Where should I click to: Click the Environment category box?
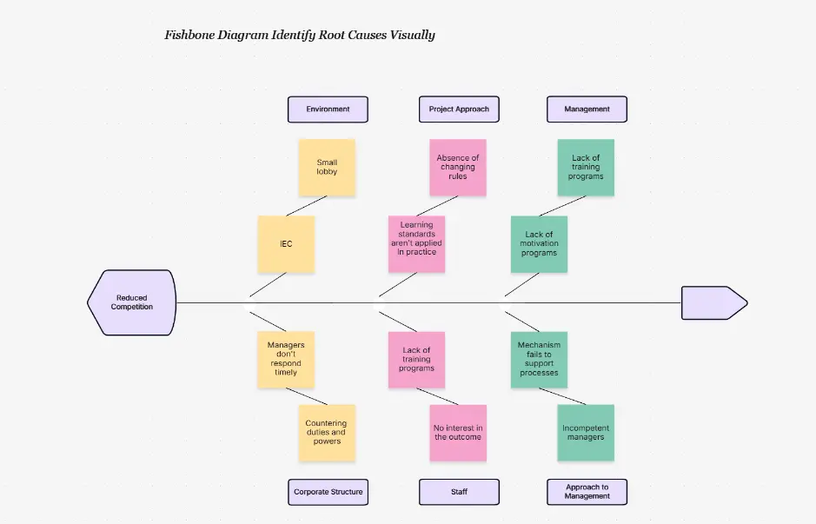(328, 109)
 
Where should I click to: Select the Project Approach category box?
(459, 109)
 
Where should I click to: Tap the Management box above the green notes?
(587, 109)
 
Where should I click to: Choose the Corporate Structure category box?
(328, 492)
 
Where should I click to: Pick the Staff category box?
(459, 492)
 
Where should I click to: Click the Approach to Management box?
(587, 492)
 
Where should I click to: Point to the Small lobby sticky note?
(327, 167)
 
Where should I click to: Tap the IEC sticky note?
(286, 244)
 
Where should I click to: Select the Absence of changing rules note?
(458, 167)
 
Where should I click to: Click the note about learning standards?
(416, 244)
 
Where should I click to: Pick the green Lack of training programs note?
(586, 167)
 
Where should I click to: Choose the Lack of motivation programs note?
(539, 244)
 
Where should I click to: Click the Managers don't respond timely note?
(286, 358)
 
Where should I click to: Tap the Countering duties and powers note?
(327, 432)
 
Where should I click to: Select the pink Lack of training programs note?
(416, 358)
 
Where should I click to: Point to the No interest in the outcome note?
(458, 432)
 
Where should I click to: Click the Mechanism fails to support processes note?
(539, 358)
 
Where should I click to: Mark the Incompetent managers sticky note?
(586, 432)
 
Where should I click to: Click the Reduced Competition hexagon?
(132, 302)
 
